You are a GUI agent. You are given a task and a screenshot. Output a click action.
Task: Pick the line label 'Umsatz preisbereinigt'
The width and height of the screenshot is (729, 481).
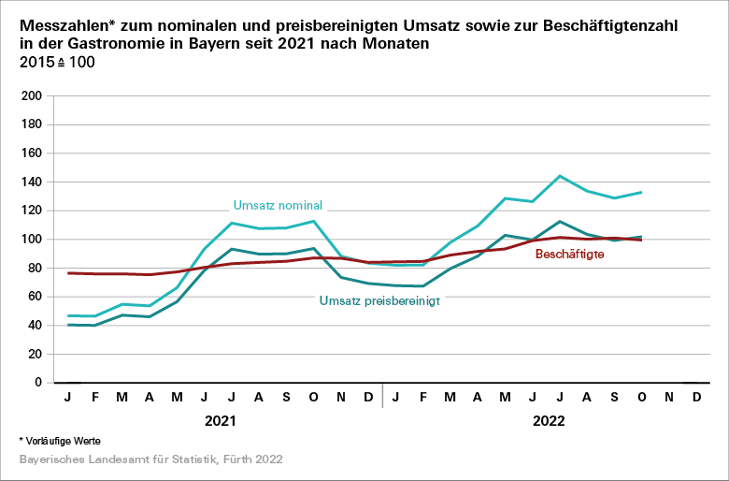tap(379, 300)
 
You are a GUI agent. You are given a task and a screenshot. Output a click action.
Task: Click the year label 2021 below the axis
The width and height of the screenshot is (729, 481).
tap(221, 421)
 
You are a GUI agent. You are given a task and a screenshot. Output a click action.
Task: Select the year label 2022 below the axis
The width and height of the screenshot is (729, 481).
tap(549, 421)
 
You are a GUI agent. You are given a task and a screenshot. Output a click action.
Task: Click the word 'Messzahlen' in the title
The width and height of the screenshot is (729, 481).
tap(64, 24)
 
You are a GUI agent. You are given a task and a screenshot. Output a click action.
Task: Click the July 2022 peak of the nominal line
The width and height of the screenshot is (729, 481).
tap(559, 176)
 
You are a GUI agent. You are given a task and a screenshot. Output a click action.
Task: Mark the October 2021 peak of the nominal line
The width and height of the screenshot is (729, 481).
tap(313, 221)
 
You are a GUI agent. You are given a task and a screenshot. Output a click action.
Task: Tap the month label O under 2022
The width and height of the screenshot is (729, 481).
tap(641, 398)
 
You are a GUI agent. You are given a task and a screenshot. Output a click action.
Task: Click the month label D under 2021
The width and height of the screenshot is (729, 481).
tap(367, 398)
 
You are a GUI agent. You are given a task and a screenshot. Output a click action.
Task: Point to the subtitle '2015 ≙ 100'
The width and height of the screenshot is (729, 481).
tap(56, 62)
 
